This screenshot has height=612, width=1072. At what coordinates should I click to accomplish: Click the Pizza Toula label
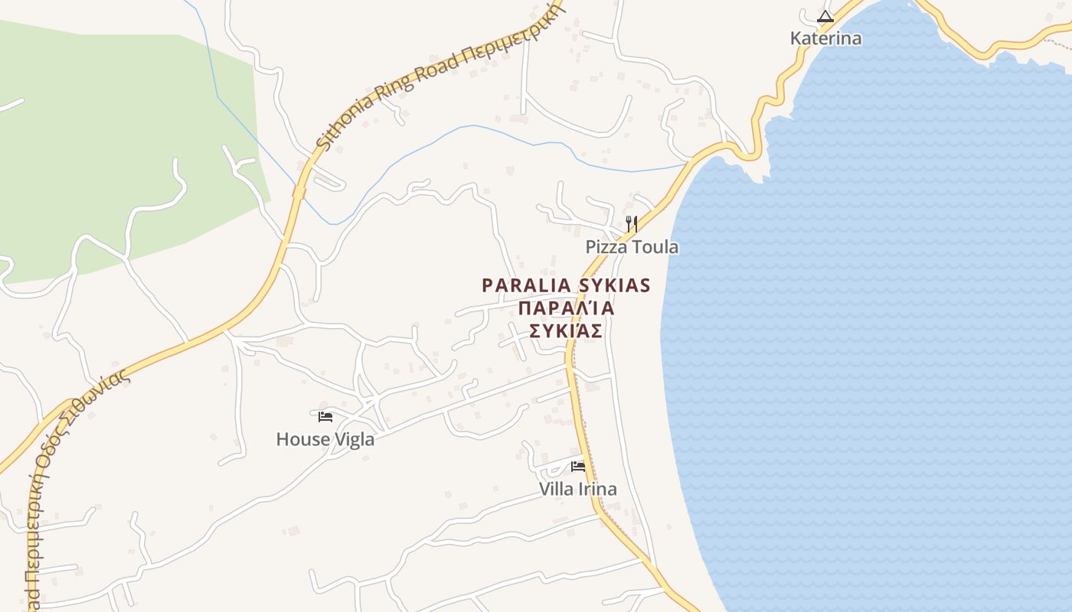pyautogui.click(x=632, y=247)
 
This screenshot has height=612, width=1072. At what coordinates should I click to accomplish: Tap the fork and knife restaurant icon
pyautogui.click(x=632, y=224)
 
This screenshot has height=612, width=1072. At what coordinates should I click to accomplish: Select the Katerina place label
pyautogui.click(x=825, y=38)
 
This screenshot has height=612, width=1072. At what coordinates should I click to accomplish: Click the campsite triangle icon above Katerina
pyautogui.click(x=825, y=16)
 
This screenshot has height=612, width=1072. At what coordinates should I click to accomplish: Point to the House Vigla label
pyautogui.click(x=325, y=439)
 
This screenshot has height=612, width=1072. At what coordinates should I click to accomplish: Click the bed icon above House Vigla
pyautogui.click(x=325, y=417)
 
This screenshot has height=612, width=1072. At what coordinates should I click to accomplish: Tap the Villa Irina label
pyautogui.click(x=578, y=489)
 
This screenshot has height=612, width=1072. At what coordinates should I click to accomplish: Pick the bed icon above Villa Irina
pyautogui.click(x=578, y=466)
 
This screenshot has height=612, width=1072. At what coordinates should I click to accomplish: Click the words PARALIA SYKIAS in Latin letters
pyautogui.click(x=566, y=285)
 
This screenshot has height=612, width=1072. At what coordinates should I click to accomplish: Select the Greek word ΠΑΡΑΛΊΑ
pyautogui.click(x=567, y=308)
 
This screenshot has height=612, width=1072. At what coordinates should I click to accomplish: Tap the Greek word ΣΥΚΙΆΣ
pyautogui.click(x=566, y=331)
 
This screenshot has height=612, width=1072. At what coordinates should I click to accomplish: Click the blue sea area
pyautogui.click(x=881, y=344)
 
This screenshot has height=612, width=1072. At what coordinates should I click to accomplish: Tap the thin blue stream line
pyautogui.click(x=459, y=129)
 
